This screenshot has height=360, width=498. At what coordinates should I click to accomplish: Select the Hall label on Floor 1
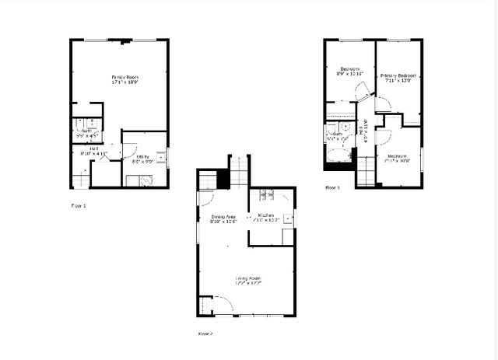point(93,148)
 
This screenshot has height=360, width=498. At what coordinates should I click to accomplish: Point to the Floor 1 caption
point(79,205)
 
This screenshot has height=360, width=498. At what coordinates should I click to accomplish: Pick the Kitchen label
point(266,215)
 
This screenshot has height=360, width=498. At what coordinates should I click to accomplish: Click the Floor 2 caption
point(205,334)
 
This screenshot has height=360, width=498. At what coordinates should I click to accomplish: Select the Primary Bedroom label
point(398,75)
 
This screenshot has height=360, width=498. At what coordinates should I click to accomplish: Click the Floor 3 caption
point(332,187)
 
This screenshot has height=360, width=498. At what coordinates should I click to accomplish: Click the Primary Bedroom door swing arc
point(383,105)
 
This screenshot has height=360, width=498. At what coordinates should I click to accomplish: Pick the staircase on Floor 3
point(366,170)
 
